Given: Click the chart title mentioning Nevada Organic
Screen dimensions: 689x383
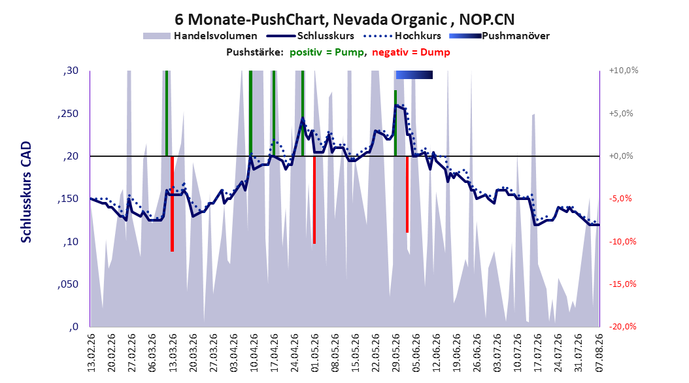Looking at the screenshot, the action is pyautogui.click(x=344, y=20).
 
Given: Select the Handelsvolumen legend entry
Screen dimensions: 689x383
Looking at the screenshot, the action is pyautogui.click(x=201, y=36).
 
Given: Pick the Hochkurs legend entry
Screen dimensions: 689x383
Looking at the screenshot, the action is pyautogui.click(x=403, y=36).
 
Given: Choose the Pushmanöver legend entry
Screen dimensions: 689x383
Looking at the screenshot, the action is pyautogui.click(x=499, y=36).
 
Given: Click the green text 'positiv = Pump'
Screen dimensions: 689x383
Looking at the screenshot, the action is pyautogui.click(x=327, y=52).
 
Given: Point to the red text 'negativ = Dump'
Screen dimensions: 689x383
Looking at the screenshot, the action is pyautogui.click(x=411, y=52).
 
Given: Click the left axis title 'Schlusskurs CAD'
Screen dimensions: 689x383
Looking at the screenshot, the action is pyautogui.click(x=26, y=191).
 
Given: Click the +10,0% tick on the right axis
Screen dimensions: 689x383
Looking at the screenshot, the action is pyautogui.click(x=624, y=71).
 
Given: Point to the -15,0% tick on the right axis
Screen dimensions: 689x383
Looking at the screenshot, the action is pyautogui.click(x=622, y=284).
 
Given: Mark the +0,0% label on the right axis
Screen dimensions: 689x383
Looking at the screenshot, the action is pyautogui.click(x=621, y=156).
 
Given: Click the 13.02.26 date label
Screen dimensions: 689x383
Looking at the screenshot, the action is pyautogui.click(x=92, y=353).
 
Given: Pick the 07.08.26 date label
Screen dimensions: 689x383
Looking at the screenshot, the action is pyautogui.click(x=599, y=353).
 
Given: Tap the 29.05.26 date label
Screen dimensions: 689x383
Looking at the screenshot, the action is pyautogui.click(x=396, y=353).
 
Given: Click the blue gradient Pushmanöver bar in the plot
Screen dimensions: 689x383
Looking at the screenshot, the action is pyautogui.click(x=414, y=75).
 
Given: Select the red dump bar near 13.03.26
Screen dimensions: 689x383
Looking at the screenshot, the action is pyautogui.click(x=173, y=204).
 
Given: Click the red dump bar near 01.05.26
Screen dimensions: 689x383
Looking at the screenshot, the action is pyautogui.click(x=314, y=200).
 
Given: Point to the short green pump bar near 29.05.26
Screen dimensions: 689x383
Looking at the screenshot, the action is pyautogui.click(x=395, y=123).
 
